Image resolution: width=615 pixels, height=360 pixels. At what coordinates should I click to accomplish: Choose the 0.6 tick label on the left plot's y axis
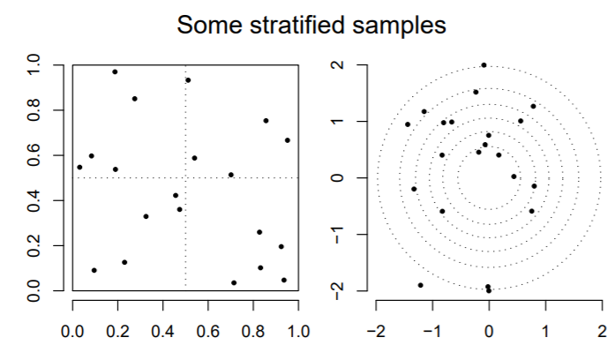[36, 155]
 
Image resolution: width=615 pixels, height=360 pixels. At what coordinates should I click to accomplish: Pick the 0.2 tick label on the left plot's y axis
[36, 245]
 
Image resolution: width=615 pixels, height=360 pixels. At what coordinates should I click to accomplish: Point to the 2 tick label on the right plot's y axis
[337, 65]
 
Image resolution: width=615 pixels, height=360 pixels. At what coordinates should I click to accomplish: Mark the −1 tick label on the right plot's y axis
[337, 235]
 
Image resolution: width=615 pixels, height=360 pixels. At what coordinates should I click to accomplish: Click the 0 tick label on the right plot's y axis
[337, 178]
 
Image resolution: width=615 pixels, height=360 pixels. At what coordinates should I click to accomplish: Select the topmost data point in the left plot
[115, 71]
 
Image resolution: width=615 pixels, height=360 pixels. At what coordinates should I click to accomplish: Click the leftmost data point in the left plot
[79, 167]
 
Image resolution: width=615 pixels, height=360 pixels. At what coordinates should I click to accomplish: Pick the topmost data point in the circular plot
[484, 65]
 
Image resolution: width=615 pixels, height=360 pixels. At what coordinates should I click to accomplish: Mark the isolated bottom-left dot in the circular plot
[420, 285]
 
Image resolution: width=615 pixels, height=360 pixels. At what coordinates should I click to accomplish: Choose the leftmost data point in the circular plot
[408, 124]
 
